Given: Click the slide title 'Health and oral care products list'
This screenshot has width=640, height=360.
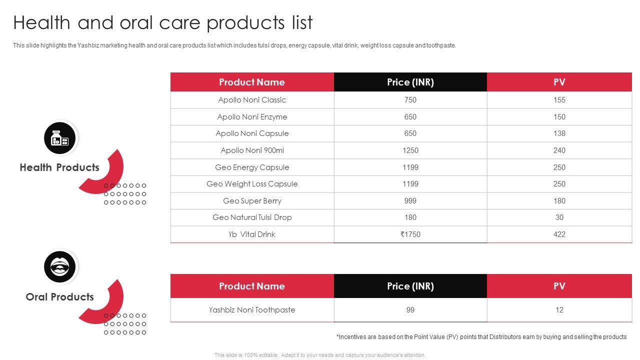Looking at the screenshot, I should (x=163, y=23).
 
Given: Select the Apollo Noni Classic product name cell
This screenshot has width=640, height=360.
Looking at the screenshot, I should (x=252, y=100).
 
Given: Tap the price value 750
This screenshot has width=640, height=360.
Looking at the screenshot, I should (x=410, y=100).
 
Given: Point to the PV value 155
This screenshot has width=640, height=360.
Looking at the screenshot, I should (x=559, y=100).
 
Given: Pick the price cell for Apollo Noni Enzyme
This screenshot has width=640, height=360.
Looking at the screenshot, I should (x=410, y=117).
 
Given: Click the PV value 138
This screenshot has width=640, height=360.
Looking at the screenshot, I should (x=559, y=133).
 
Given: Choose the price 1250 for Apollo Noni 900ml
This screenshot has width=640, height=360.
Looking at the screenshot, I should (x=410, y=150).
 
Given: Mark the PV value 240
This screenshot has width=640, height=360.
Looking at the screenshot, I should (x=559, y=150).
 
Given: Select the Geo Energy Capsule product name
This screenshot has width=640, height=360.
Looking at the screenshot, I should (x=252, y=167).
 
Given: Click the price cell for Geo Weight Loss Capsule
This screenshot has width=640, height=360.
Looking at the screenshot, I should (x=410, y=184).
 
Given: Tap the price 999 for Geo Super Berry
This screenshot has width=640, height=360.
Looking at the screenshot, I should (x=410, y=201).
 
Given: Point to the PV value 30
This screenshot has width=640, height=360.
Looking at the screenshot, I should (x=559, y=217).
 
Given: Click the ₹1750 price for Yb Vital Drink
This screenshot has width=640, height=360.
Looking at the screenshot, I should (x=410, y=234).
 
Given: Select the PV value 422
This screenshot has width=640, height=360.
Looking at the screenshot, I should (x=559, y=234).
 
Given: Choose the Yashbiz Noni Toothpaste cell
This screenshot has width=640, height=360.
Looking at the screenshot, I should (x=252, y=310).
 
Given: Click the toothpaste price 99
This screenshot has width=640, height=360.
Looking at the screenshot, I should (x=410, y=310).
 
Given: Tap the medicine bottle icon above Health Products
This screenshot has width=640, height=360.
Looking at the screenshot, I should (x=60, y=138).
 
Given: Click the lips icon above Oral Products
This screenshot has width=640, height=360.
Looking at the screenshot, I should (x=60, y=267).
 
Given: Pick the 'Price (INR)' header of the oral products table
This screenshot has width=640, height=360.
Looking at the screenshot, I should (x=410, y=286).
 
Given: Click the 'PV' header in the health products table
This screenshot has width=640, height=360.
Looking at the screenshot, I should (x=559, y=82).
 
